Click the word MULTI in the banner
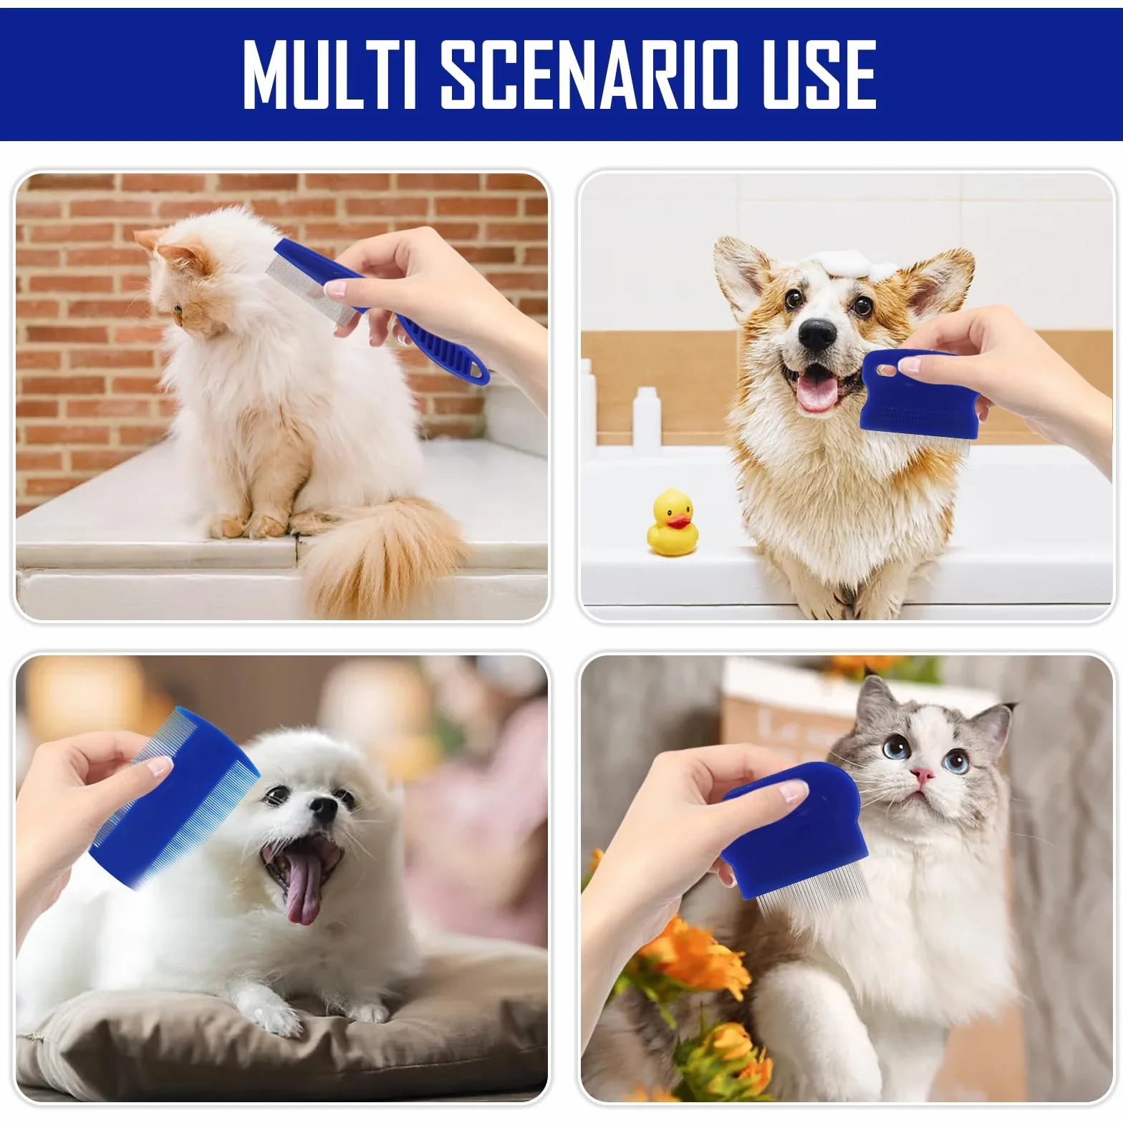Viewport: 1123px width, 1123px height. (x=330, y=74)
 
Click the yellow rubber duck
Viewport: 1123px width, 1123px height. (x=673, y=522)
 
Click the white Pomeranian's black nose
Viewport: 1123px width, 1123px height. (x=323, y=809)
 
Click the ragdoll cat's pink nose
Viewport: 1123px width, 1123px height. (x=922, y=775)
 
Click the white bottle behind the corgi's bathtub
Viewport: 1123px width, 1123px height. (x=647, y=418)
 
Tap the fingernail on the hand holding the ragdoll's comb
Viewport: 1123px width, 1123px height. (x=794, y=791)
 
